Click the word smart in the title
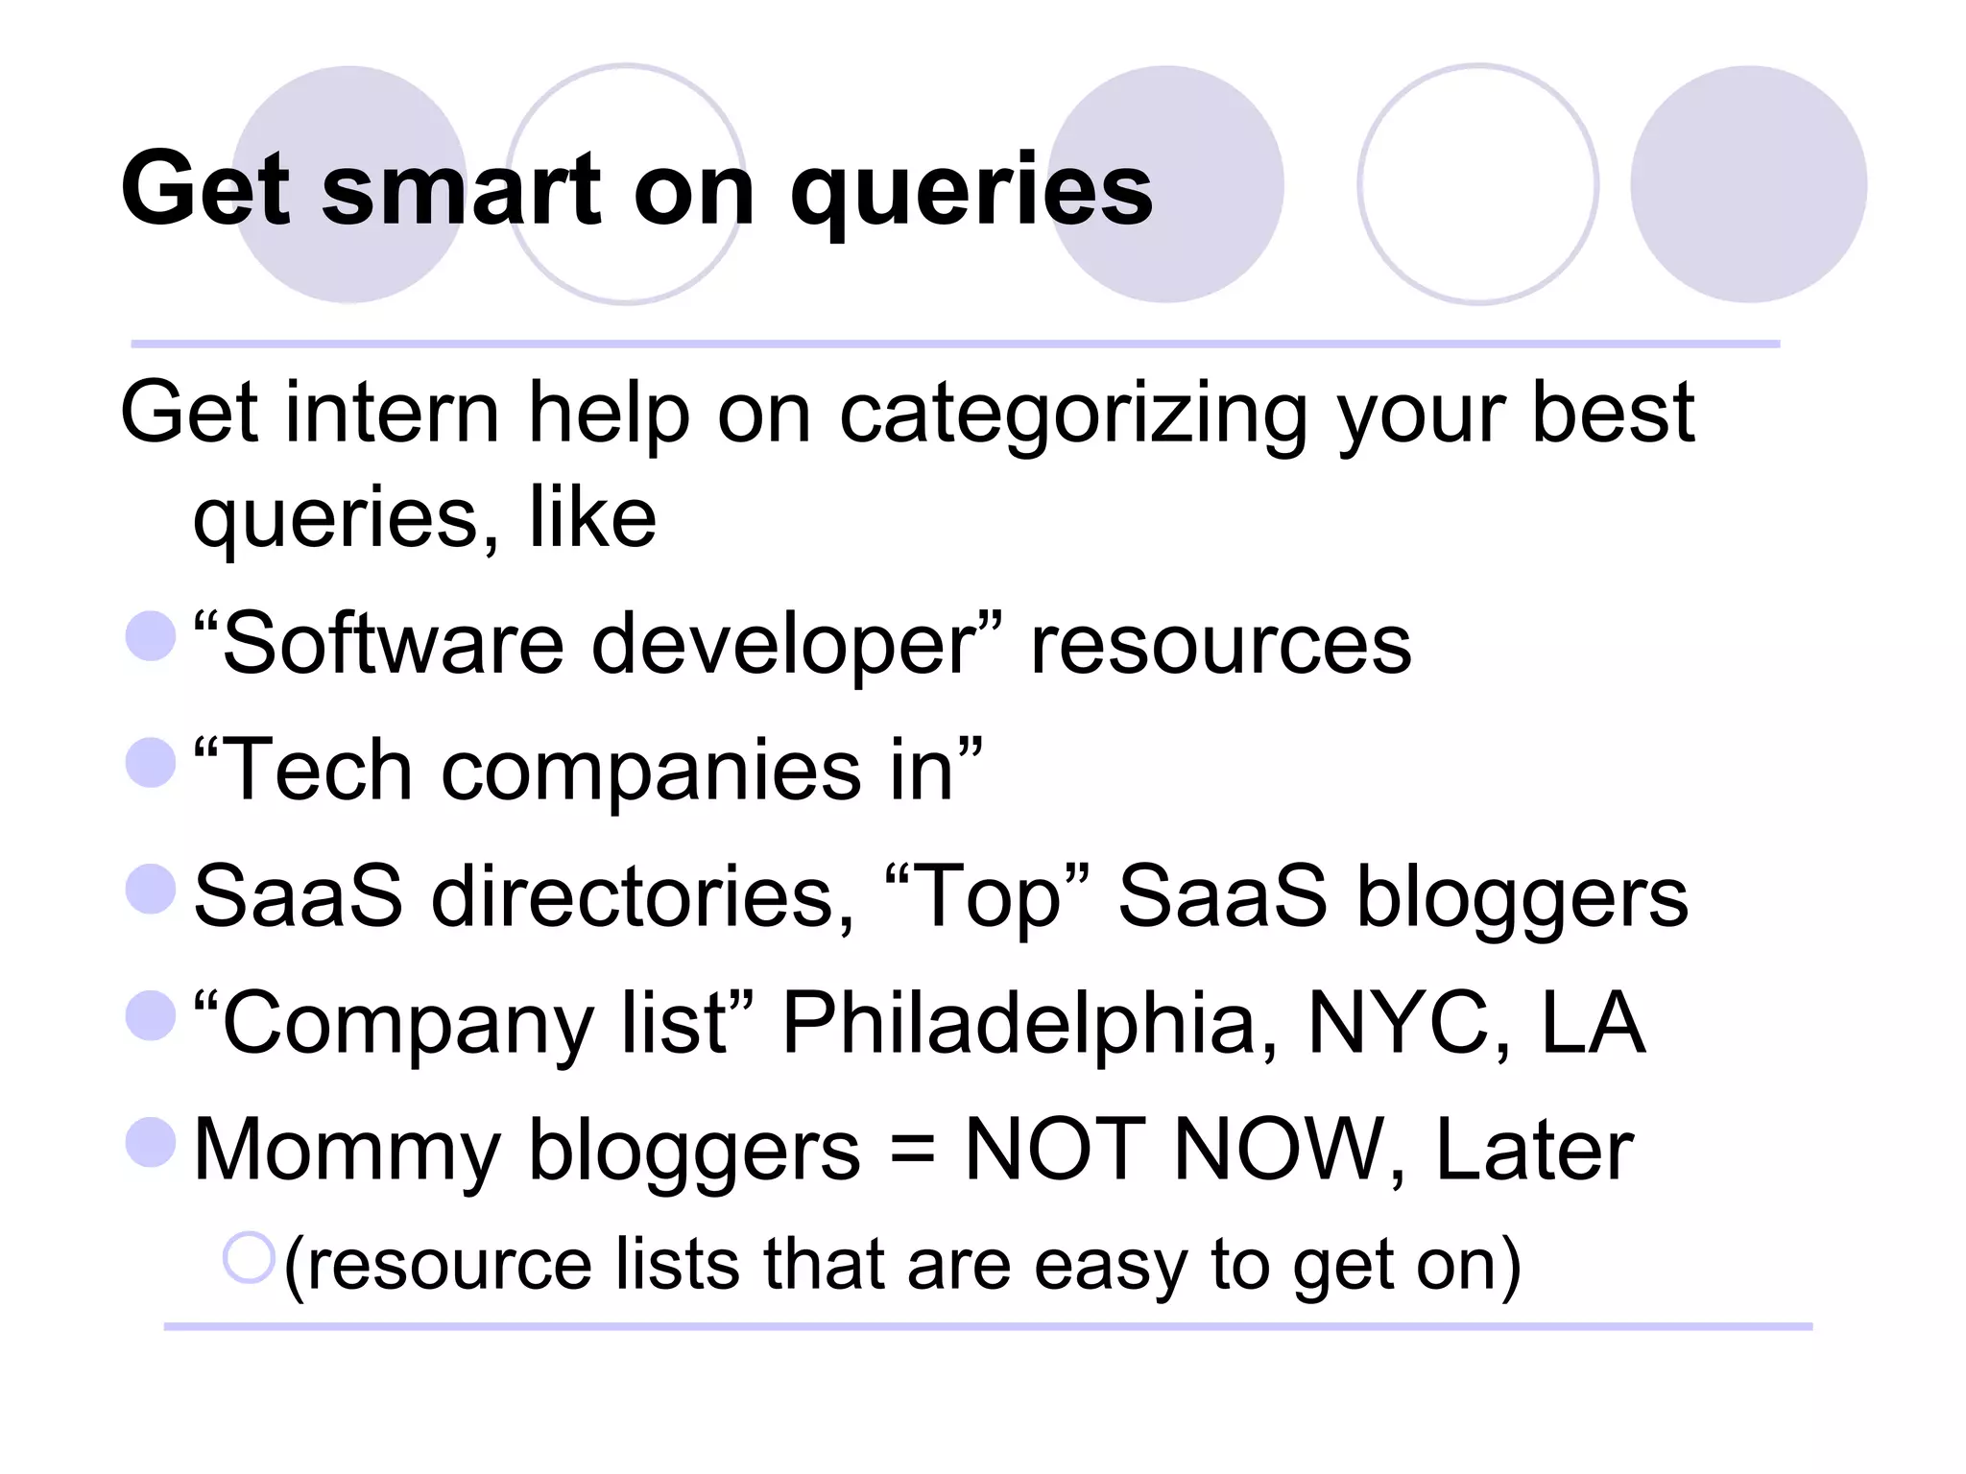[461, 190]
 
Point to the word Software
[393, 643]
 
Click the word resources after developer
[1220, 645]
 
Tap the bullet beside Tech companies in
[151, 762]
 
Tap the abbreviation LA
[1593, 1023]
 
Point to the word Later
[1533, 1150]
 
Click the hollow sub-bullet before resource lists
[249, 1257]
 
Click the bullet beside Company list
[151, 1015]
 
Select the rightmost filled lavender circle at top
[1748, 184]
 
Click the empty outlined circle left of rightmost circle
[1477, 184]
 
